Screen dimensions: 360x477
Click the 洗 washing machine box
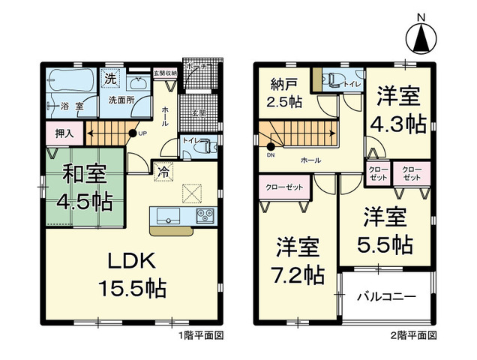(110, 78)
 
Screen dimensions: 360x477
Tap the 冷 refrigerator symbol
(162, 171)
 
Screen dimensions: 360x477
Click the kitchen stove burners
(205, 216)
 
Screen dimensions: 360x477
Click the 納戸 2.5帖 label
(285, 91)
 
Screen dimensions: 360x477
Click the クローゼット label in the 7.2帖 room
(284, 187)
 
